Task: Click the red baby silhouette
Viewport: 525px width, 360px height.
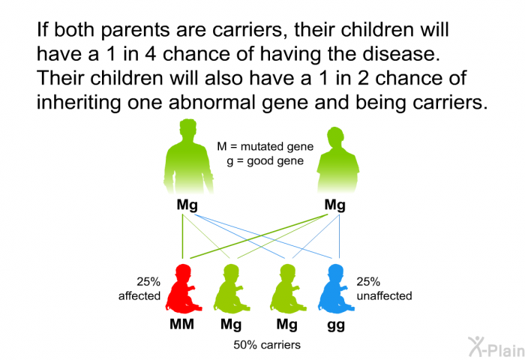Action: (x=182, y=289)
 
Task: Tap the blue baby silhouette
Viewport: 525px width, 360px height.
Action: (x=335, y=289)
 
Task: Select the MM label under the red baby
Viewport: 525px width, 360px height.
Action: (x=181, y=324)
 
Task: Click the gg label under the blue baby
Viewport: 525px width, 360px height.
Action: (x=336, y=325)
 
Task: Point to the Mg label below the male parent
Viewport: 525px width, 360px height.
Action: (x=187, y=205)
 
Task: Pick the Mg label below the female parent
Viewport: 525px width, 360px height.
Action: (x=334, y=205)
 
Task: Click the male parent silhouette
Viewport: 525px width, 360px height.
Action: (x=188, y=157)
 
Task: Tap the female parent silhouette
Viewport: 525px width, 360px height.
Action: (x=337, y=160)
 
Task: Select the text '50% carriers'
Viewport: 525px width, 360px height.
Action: (x=267, y=345)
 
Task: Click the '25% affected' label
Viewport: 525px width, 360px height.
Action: (x=140, y=289)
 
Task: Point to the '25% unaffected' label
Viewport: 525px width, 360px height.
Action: (x=384, y=289)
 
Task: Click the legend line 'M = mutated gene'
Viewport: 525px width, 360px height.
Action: (x=265, y=147)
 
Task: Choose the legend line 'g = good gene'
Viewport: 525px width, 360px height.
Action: (x=265, y=161)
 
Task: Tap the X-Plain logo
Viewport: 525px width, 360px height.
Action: (x=496, y=346)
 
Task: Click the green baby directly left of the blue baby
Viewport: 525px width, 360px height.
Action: (x=288, y=289)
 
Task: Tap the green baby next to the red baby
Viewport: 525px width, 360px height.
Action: (x=232, y=289)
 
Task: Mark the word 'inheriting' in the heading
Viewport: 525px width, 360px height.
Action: (x=79, y=102)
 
